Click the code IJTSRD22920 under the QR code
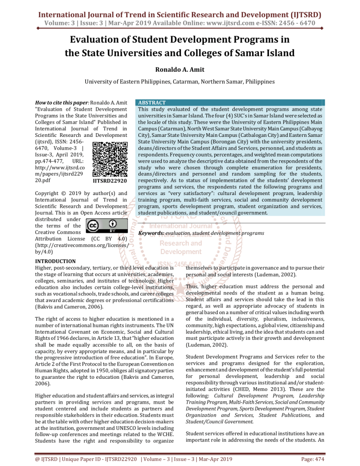[x=110, y=166]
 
